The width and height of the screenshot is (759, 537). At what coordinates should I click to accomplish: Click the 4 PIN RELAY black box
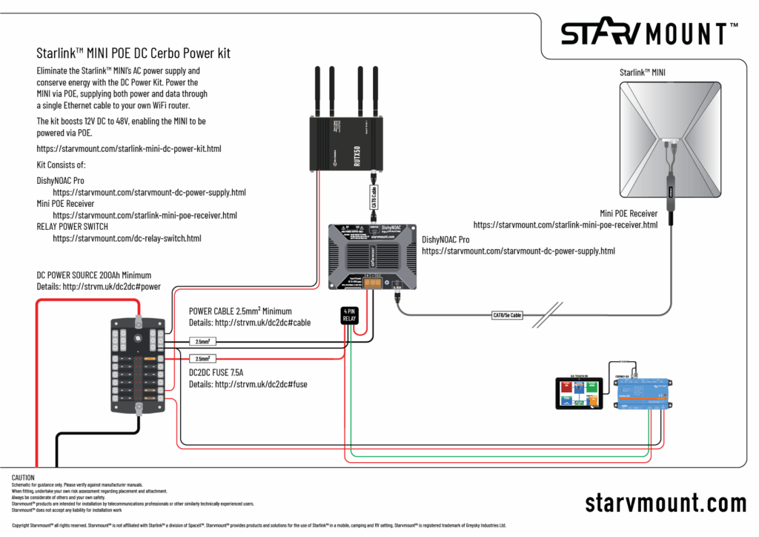click(x=349, y=314)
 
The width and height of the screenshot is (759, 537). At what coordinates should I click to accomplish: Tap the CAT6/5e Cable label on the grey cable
click(x=507, y=315)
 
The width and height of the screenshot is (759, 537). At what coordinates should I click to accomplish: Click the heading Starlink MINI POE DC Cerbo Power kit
click(x=133, y=53)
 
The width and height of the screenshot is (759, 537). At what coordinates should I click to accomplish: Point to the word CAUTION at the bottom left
click(x=24, y=476)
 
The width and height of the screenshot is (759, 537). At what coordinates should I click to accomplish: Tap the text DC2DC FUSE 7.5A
click(x=222, y=372)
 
